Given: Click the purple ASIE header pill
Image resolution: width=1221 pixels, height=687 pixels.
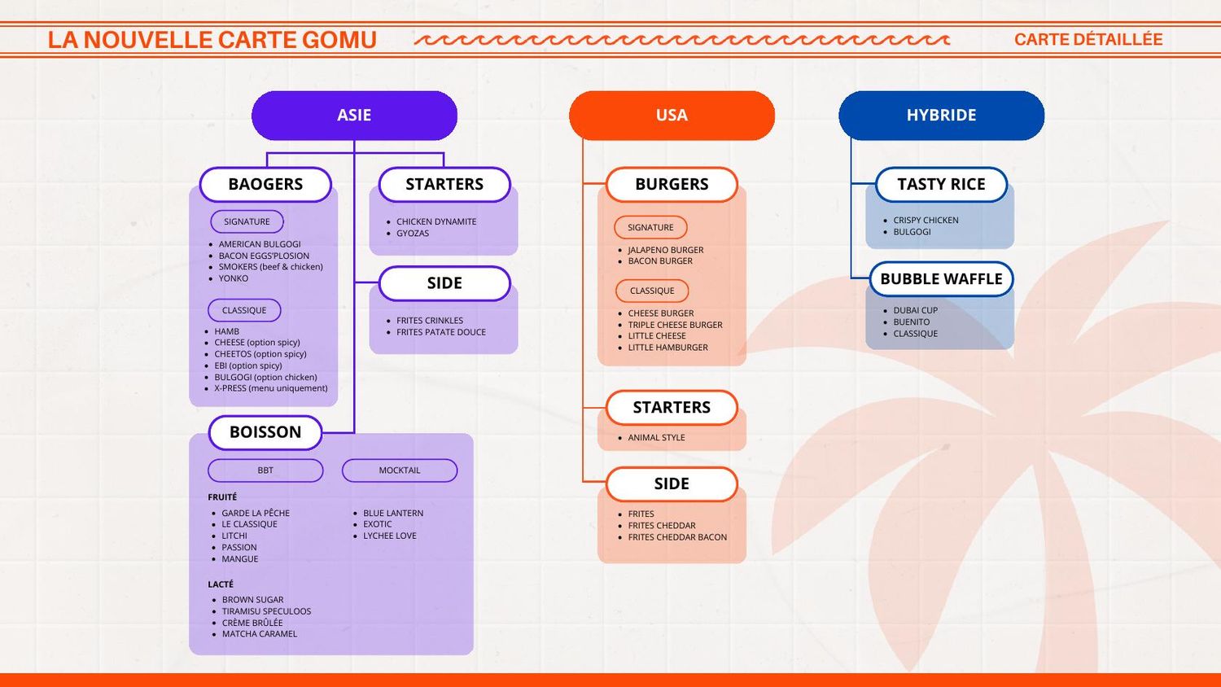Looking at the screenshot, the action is coord(354,115).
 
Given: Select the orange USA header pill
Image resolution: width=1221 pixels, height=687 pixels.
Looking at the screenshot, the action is coord(672,115).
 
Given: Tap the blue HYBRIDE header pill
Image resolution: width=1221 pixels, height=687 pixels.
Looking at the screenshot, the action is coord(941,115).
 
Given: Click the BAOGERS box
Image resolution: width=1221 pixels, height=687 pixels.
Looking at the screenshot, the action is coord(265,184).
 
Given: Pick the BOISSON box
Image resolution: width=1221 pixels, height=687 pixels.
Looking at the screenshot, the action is coord(265,432).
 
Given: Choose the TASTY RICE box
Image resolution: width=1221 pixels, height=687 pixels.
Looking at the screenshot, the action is coord(941,184).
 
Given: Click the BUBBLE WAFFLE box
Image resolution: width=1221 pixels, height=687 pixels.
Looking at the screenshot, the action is coord(941,279).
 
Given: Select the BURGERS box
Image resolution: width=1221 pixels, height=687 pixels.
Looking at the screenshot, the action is coord(672,184).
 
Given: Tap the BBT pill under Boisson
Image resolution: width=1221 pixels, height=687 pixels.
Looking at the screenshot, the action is coord(265,470).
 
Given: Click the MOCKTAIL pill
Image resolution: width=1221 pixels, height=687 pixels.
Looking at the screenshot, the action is coord(400,470).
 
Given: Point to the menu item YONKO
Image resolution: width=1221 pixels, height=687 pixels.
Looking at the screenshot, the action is coord(234,278).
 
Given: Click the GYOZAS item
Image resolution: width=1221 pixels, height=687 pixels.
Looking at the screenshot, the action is coord(413,233).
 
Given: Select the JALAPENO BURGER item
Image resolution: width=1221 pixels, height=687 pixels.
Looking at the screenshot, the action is coord(666,250).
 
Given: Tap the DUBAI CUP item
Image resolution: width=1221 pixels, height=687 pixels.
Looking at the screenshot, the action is coord(915,310).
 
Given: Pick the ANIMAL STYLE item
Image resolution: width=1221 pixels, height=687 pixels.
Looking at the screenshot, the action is coord(656,437).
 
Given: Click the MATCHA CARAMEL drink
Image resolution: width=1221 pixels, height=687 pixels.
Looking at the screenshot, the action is coord(260,633).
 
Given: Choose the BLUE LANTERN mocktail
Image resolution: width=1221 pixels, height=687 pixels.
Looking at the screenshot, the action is coord(393,513).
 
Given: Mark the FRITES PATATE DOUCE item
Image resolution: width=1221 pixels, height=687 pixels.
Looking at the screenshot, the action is coord(441,332).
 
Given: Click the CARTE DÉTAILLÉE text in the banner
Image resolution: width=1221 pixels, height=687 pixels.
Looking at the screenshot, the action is coord(1088,39).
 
